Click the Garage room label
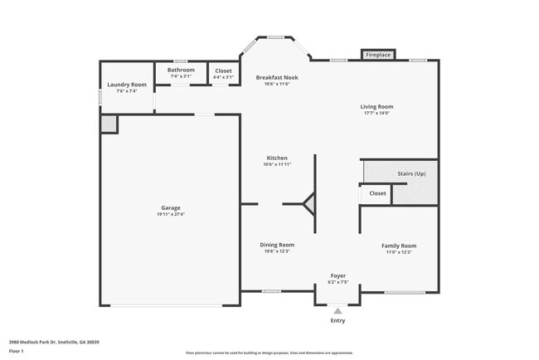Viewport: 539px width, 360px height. click(x=171, y=207)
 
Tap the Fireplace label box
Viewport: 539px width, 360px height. click(x=378, y=55)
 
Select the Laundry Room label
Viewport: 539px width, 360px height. click(x=127, y=85)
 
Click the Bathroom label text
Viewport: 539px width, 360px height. click(x=181, y=71)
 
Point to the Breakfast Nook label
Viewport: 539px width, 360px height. click(x=276, y=77)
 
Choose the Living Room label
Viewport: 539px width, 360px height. click(x=376, y=106)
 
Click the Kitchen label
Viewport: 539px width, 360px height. click(x=277, y=158)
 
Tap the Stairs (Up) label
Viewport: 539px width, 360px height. click(x=412, y=173)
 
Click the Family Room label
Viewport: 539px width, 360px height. click(x=398, y=246)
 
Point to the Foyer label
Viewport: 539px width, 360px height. click(x=338, y=275)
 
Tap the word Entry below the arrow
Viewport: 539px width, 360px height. click(x=338, y=320)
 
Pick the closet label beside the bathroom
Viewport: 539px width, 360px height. click(x=224, y=71)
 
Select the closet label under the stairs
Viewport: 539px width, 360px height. click(x=377, y=193)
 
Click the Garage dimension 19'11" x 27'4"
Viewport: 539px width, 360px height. click(x=171, y=214)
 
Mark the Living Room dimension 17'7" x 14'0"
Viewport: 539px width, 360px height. click(x=376, y=113)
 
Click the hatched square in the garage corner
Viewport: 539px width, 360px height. click(x=109, y=124)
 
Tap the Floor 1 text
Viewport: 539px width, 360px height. click(x=16, y=351)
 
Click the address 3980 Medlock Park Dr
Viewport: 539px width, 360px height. click(x=41, y=341)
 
